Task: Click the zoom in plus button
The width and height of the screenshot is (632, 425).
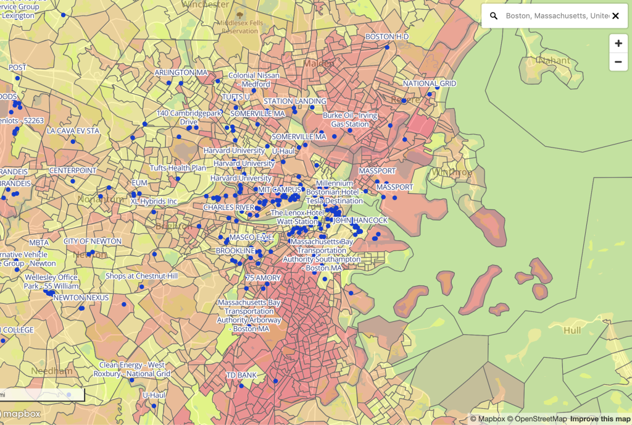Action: click(x=618, y=43)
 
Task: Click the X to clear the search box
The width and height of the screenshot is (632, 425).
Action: click(x=615, y=16)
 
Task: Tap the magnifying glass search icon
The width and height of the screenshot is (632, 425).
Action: click(x=494, y=16)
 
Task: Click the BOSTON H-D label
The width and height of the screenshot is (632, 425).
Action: click(x=387, y=37)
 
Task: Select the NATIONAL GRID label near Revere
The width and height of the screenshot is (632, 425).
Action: click(x=430, y=83)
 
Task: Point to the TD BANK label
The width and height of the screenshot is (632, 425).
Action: click(x=241, y=376)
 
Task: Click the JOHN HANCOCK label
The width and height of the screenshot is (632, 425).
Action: click(x=360, y=220)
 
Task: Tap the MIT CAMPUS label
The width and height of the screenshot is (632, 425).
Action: click(x=279, y=190)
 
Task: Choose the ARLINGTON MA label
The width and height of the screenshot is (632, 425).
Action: click(x=181, y=73)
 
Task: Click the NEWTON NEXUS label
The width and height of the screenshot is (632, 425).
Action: click(x=81, y=298)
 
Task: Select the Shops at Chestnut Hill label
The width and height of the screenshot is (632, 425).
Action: click(x=141, y=276)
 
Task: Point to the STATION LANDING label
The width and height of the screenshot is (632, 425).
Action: click(x=295, y=101)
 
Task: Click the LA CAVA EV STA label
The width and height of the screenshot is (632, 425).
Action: click(x=73, y=131)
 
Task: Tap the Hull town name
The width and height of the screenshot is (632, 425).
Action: click(x=572, y=330)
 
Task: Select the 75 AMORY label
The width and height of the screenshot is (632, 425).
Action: click(x=263, y=278)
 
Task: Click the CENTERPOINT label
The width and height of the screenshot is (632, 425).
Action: click(x=73, y=170)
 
